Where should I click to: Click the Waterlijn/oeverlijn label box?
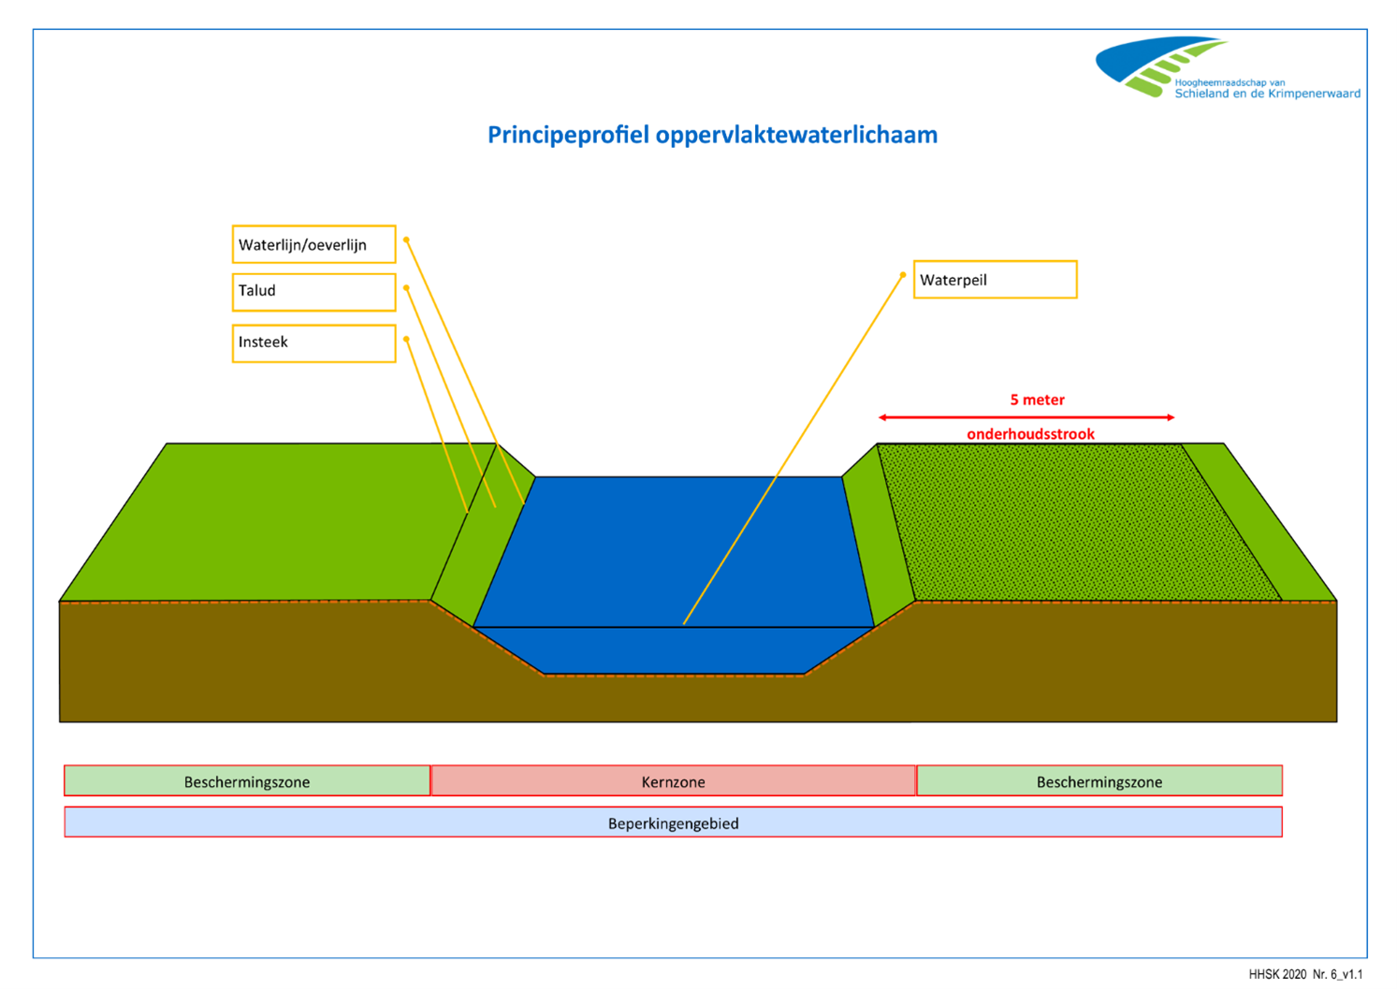click(313, 244)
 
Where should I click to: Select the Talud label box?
click(313, 292)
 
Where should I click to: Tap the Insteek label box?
click(313, 342)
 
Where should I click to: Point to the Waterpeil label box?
click(995, 280)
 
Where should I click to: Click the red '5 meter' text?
click(1037, 400)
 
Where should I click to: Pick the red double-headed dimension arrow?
click(1026, 417)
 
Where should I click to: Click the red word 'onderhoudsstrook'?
click(1030, 434)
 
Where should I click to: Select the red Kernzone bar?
click(673, 781)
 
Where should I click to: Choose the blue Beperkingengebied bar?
click(673, 822)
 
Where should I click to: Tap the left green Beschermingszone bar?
click(247, 781)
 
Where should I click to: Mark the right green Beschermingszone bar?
click(1099, 781)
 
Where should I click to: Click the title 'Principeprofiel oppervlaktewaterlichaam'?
click(712, 135)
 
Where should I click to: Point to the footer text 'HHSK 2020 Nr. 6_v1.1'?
click(1304, 974)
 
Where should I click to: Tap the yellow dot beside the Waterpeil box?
click(903, 275)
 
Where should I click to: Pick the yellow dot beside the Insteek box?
click(406, 339)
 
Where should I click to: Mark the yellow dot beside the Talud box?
click(406, 288)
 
